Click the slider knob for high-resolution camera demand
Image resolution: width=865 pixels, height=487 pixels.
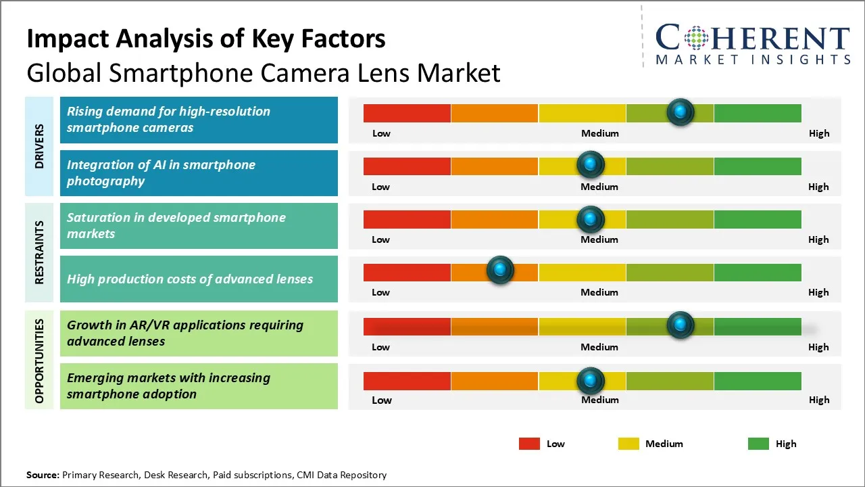point(681,112)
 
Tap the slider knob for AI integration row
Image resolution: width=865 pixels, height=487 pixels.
point(591,164)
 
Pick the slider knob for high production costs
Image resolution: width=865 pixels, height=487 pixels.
point(500,271)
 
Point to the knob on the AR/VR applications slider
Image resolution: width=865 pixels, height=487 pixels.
point(681,325)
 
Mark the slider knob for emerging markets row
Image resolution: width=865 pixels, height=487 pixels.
point(591,381)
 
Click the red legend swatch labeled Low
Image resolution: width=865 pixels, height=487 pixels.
point(529,444)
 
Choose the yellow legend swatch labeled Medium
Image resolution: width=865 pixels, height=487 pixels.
point(628,444)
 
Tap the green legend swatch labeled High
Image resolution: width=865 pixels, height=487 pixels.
point(758,444)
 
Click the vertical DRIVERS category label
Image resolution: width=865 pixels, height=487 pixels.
point(40,146)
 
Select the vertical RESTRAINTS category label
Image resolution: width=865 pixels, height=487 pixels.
point(40,252)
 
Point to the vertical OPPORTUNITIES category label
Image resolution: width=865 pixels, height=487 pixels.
point(40,361)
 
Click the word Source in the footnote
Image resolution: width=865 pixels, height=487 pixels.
point(43,475)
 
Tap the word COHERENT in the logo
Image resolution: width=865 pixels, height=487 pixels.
point(753,38)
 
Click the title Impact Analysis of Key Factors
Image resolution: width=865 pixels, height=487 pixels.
point(206,39)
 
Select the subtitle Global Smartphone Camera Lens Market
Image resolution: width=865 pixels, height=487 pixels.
point(264,72)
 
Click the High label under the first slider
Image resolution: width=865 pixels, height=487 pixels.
point(819,133)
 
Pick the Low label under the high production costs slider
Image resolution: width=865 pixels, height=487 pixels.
point(380,292)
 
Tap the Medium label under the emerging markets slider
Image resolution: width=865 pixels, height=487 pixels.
point(599,400)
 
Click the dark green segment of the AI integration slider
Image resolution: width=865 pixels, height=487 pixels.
point(757,166)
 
